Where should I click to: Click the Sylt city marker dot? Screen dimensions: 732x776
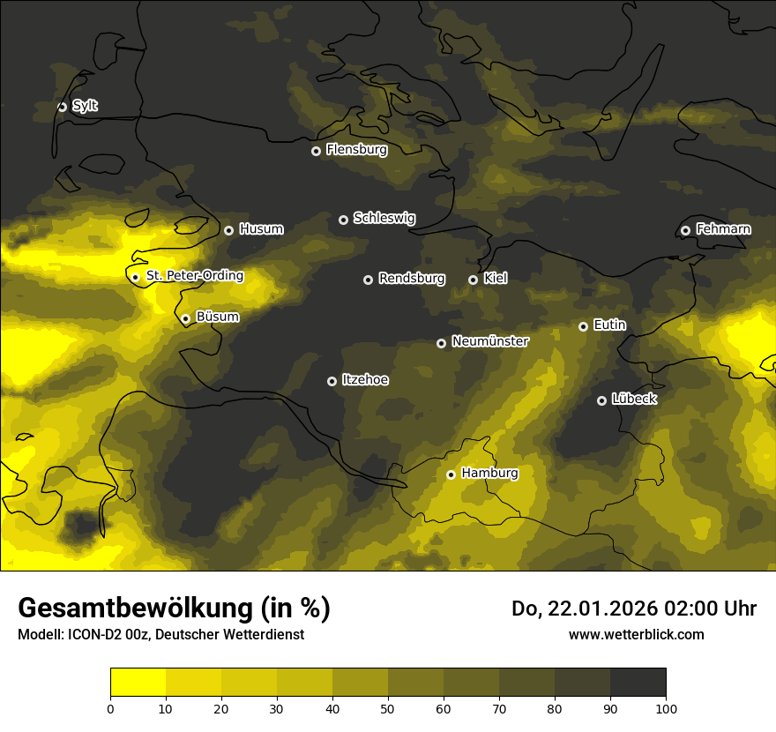click(x=62, y=107)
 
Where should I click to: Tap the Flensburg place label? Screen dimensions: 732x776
click(x=356, y=150)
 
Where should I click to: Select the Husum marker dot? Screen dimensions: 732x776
click(x=228, y=230)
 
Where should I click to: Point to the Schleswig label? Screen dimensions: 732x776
click(x=384, y=218)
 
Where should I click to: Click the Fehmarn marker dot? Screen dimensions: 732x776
click(x=685, y=230)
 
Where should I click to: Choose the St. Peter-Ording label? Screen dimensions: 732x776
click(x=194, y=276)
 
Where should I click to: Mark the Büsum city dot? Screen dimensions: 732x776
click(x=185, y=318)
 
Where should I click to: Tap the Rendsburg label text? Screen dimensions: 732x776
click(x=411, y=279)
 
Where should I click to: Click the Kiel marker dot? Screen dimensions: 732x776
click(x=473, y=280)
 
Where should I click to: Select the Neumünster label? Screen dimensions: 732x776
click(x=490, y=341)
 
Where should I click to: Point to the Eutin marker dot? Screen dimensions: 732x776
click(x=583, y=326)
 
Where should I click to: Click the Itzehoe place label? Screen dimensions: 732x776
click(x=365, y=380)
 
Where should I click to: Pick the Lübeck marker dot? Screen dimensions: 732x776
click(x=601, y=400)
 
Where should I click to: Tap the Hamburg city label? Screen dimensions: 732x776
click(x=489, y=474)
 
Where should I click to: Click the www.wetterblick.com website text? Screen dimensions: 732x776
click(x=637, y=634)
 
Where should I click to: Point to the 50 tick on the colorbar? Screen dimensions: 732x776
click(x=388, y=707)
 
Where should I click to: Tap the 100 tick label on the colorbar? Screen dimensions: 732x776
click(x=666, y=708)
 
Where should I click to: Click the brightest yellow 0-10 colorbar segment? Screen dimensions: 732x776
click(x=138, y=683)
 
